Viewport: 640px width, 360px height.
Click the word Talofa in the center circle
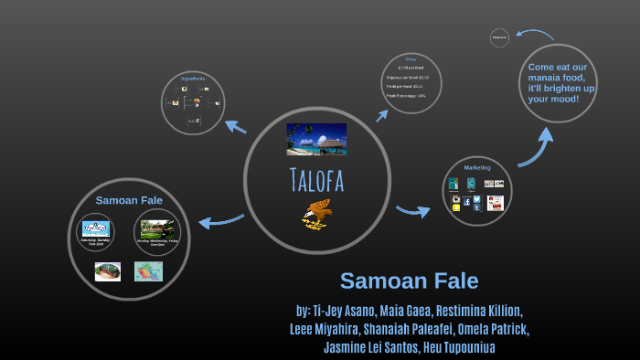[x=315, y=181]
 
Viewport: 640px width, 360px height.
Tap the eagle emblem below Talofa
[x=315, y=214]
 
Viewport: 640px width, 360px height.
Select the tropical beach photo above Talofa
[x=316, y=139]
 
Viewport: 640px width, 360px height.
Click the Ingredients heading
[x=193, y=79]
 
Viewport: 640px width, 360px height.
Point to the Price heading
[x=411, y=58]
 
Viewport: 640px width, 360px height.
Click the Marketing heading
[x=476, y=167]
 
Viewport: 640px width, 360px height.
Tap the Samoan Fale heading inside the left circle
[x=129, y=199]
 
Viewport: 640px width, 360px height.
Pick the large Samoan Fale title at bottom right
[x=409, y=281]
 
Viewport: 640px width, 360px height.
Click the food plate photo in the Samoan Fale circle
[x=108, y=270]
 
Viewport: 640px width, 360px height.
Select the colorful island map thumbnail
[x=147, y=270]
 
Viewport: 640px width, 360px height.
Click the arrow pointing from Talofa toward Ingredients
[x=235, y=127]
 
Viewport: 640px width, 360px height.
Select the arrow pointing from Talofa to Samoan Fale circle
[x=220, y=220]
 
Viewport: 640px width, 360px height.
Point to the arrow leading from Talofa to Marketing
[x=413, y=211]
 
